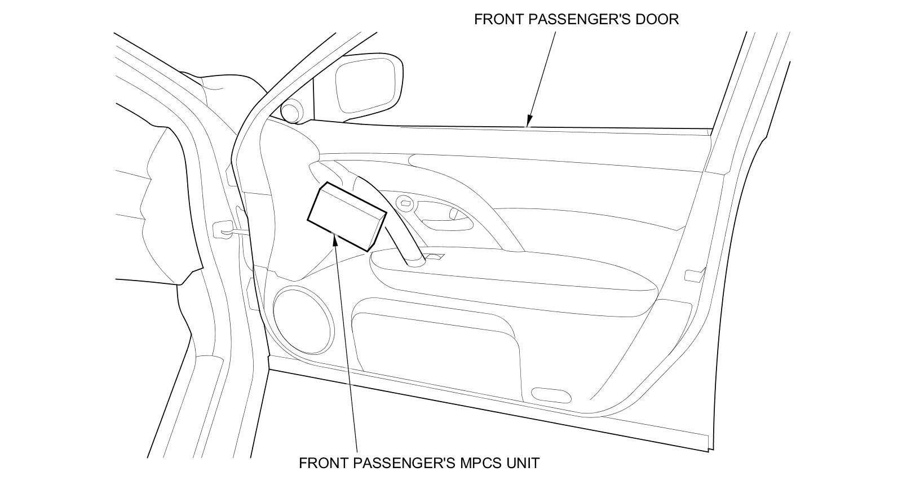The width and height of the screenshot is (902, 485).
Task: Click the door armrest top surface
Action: pyautogui.click(x=507, y=270)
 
